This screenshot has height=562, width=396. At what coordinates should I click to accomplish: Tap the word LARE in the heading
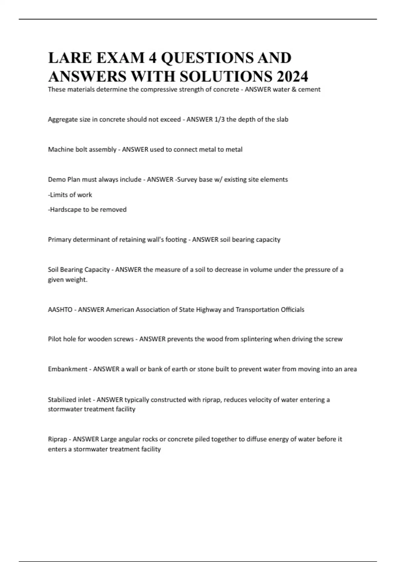pyautogui.click(x=70, y=58)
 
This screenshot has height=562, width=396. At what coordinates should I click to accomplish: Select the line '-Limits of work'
pyautogui.click(x=70, y=195)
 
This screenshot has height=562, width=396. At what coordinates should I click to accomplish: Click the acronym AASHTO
pyautogui.click(x=60, y=310)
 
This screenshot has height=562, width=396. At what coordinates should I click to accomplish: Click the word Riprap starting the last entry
pyautogui.click(x=57, y=439)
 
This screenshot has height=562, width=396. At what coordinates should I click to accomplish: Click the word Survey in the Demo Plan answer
pyautogui.click(x=187, y=180)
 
